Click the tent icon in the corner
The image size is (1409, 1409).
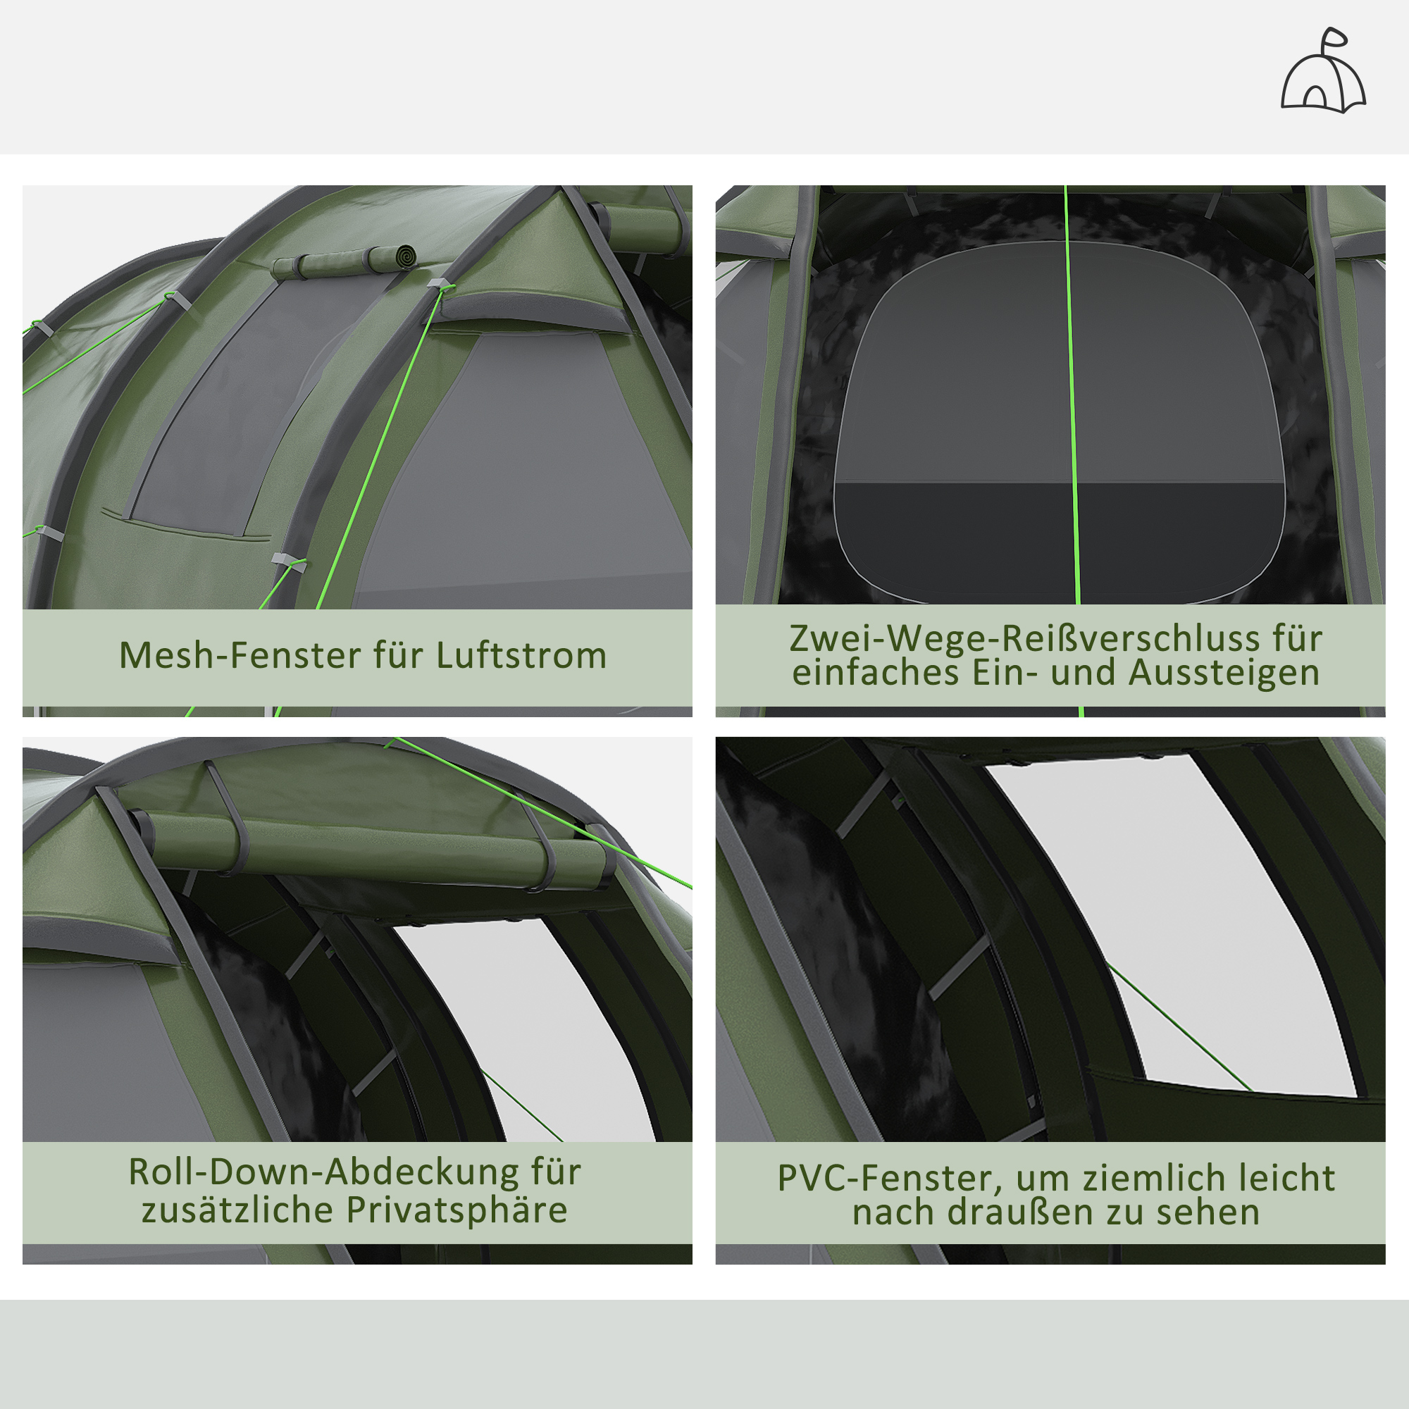[x=1323, y=77]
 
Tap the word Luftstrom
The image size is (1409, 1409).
[x=521, y=655]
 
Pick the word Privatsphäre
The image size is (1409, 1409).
[x=457, y=1210]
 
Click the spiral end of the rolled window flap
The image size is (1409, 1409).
[x=403, y=256]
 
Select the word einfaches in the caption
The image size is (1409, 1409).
[x=875, y=672]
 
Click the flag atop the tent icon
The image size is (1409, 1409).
[x=1335, y=37]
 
